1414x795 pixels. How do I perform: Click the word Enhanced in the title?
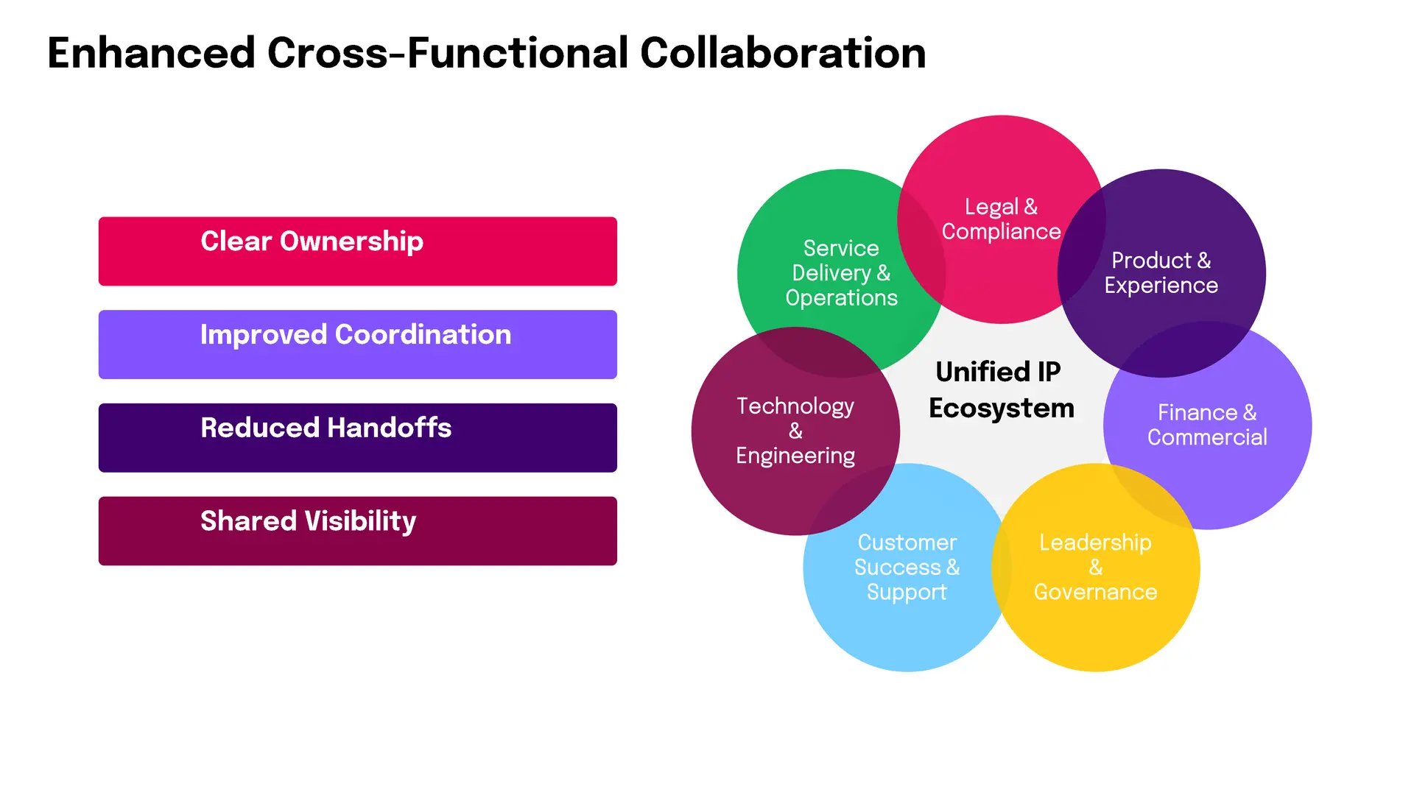coord(151,53)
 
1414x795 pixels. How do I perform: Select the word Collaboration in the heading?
coord(783,53)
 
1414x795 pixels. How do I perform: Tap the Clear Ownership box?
coord(358,251)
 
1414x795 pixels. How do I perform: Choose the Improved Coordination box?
coord(358,344)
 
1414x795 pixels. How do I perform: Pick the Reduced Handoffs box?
coord(358,438)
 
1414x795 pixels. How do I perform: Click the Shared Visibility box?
coord(358,531)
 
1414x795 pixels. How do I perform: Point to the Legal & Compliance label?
coord(1002,219)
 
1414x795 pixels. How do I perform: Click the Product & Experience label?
coord(1161,273)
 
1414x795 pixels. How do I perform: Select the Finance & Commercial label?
coord(1207,425)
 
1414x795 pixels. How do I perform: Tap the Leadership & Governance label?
coord(1095,567)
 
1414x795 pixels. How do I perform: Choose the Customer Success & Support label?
coord(907,567)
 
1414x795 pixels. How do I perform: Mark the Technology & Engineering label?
coord(795,431)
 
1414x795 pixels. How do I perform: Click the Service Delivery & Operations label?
coord(841,273)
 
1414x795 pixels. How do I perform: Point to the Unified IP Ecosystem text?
coord(1002,390)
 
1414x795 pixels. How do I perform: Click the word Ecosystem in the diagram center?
coord(1002,409)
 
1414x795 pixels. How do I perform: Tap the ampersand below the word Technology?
coord(795,431)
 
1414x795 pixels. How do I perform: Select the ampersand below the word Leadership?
coord(1096,567)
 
